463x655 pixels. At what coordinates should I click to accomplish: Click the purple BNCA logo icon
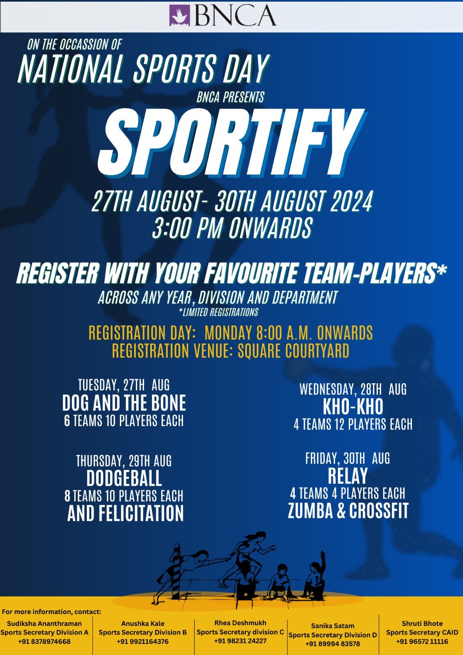pyautogui.click(x=180, y=16)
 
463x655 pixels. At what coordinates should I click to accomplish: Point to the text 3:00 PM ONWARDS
pyautogui.click(x=232, y=228)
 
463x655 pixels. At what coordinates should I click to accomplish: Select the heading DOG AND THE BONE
pyautogui.click(x=124, y=403)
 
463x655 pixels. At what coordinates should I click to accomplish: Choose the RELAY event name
pyautogui.click(x=348, y=476)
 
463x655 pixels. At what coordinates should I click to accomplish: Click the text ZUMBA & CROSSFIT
pyautogui.click(x=348, y=510)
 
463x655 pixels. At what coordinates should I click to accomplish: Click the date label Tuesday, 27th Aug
pyautogui.click(x=124, y=385)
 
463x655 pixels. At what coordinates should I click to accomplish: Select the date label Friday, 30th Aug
pyautogui.click(x=348, y=458)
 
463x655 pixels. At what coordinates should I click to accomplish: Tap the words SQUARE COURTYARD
pyautogui.click(x=294, y=351)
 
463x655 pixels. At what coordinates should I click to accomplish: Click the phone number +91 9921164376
pyautogui.click(x=143, y=641)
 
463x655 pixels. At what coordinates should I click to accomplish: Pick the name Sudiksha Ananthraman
pyautogui.click(x=45, y=623)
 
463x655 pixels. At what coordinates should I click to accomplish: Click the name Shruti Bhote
pyautogui.click(x=422, y=623)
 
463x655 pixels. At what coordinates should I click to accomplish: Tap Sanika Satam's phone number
pyautogui.click(x=332, y=644)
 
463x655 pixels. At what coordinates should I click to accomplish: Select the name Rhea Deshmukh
pyautogui.click(x=240, y=623)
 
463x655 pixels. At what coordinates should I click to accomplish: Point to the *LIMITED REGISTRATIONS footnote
pyautogui.click(x=219, y=313)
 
